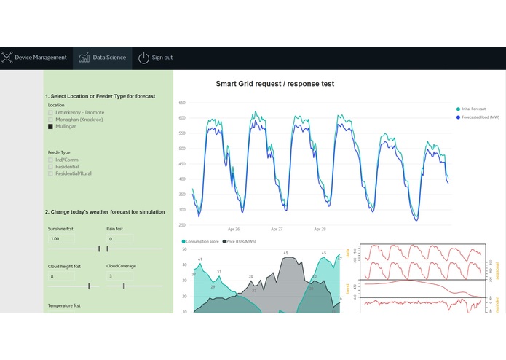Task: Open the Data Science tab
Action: [103, 58]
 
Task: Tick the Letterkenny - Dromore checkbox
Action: [50, 112]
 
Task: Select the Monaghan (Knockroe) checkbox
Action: [50, 119]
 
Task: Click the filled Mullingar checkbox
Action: [50, 126]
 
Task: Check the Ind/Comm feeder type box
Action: [50, 160]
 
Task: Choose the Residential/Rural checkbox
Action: [50, 173]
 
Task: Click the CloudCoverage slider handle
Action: [124, 286]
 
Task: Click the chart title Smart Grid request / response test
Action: [274, 84]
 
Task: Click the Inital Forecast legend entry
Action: [473, 109]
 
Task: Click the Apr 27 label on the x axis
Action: [276, 229]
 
